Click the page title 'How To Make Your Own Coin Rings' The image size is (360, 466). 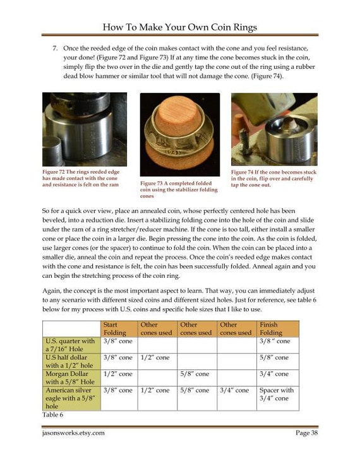(180, 27)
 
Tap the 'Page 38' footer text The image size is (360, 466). (306, 433)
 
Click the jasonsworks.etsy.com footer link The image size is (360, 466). (73, 433)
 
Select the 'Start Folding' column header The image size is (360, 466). (115, 329)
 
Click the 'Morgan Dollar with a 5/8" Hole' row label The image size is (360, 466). (69, 378)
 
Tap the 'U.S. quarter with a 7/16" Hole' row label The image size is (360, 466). (70, 345)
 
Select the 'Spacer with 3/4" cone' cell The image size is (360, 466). (277, 394)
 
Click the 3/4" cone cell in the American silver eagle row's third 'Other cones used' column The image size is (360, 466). (234, 390)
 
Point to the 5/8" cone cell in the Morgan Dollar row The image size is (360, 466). (195, 374)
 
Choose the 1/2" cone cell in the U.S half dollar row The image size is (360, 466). (155, 357)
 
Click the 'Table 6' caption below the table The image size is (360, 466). (52, 415)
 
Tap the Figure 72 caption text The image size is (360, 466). (81, 178)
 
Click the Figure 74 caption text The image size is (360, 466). (273, 179)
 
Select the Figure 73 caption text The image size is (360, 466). (179, 189)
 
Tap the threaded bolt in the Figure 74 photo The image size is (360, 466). (245, 142)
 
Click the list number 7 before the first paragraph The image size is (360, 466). (55, 48)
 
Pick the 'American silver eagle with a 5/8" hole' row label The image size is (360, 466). (70, 398)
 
